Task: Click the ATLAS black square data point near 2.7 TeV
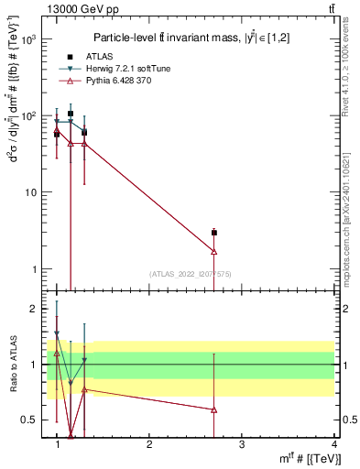click(213, 233)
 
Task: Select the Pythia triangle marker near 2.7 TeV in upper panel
click(213, 251)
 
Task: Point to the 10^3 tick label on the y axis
click(27, 40)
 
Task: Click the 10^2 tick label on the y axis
click(27, 116)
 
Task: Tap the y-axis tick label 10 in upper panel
click(29, 193)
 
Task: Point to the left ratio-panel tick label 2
click(32, 309)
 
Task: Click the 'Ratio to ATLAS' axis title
click(12, 365)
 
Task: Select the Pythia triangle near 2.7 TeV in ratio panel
click(213, 409)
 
